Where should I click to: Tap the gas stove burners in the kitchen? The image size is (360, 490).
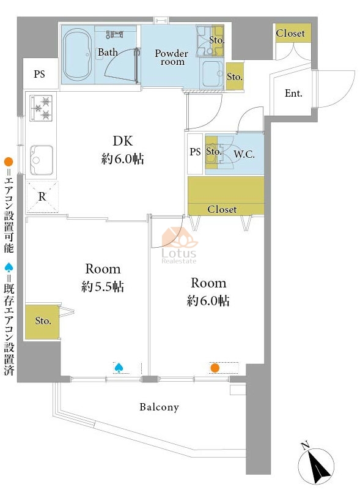(41, 108)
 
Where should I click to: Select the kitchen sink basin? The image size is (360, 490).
(41, 160)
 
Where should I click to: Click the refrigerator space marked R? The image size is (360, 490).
(42, 197)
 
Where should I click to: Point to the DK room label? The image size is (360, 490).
(122, 141)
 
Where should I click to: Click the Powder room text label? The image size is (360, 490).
(171, 57)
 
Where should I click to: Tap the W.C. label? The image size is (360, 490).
(244, 154)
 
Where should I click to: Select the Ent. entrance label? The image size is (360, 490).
(293, 93)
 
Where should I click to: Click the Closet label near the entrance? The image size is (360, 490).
(290, 33)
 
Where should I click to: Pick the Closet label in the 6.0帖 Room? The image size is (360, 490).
(222, 209)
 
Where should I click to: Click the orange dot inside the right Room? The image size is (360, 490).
(215, 368)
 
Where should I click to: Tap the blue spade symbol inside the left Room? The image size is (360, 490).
(119, 368)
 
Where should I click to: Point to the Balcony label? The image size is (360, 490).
(160, 407)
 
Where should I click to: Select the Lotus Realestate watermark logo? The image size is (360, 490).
(179, 246)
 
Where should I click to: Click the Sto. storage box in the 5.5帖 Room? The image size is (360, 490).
(42, 322)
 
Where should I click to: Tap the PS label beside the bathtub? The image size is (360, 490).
(39, 74)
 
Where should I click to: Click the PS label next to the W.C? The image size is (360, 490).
(195, 152)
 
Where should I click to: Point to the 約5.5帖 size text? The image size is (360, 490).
(103, 286)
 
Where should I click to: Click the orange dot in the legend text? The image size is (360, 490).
(9, 162)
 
